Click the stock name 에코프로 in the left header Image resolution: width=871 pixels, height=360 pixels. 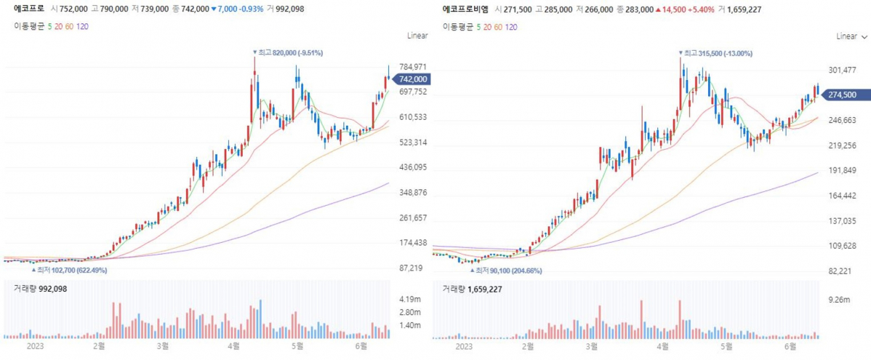[28, 9]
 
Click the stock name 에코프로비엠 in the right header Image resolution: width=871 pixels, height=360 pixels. [465, 9]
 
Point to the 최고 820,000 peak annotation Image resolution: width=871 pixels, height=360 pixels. [288, 52]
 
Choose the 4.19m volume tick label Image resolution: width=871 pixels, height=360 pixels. [410, 299]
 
